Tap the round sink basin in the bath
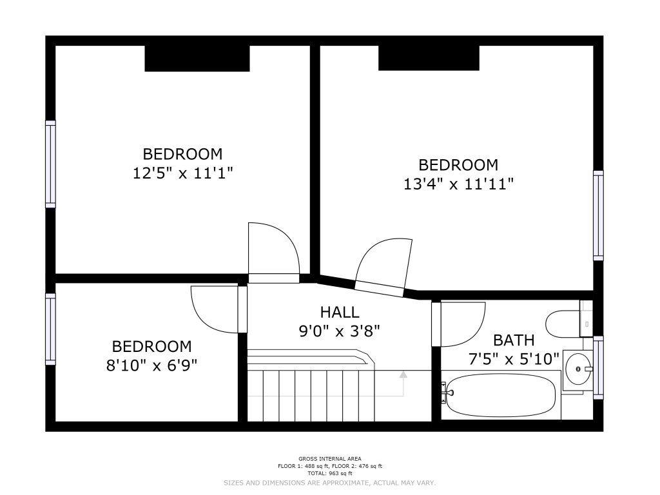(x=578, y=369)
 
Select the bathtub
(x=501, y=395)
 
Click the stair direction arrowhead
(x=403, y=374)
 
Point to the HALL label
(x=340, y=313)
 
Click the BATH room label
(x=514, y=340)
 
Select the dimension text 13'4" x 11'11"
(x=458, y=184)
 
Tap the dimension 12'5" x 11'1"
(x=182, y=173)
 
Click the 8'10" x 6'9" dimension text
(x=151, y=365)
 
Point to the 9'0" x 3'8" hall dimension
(x=339, y=331)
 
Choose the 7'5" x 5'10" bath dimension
(x=514, y=359)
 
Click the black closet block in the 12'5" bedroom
(x=197, y=59)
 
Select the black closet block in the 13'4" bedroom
(x=429, y=58)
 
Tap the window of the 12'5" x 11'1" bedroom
(x=50, y=164)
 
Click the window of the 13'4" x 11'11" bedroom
(x=598, y=215)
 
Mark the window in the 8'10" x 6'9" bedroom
(x=50, y=329)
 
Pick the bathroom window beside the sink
(x=598, y=367)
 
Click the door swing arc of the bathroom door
(x=476, y=333)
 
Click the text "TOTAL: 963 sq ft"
(x=330, y=473)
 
